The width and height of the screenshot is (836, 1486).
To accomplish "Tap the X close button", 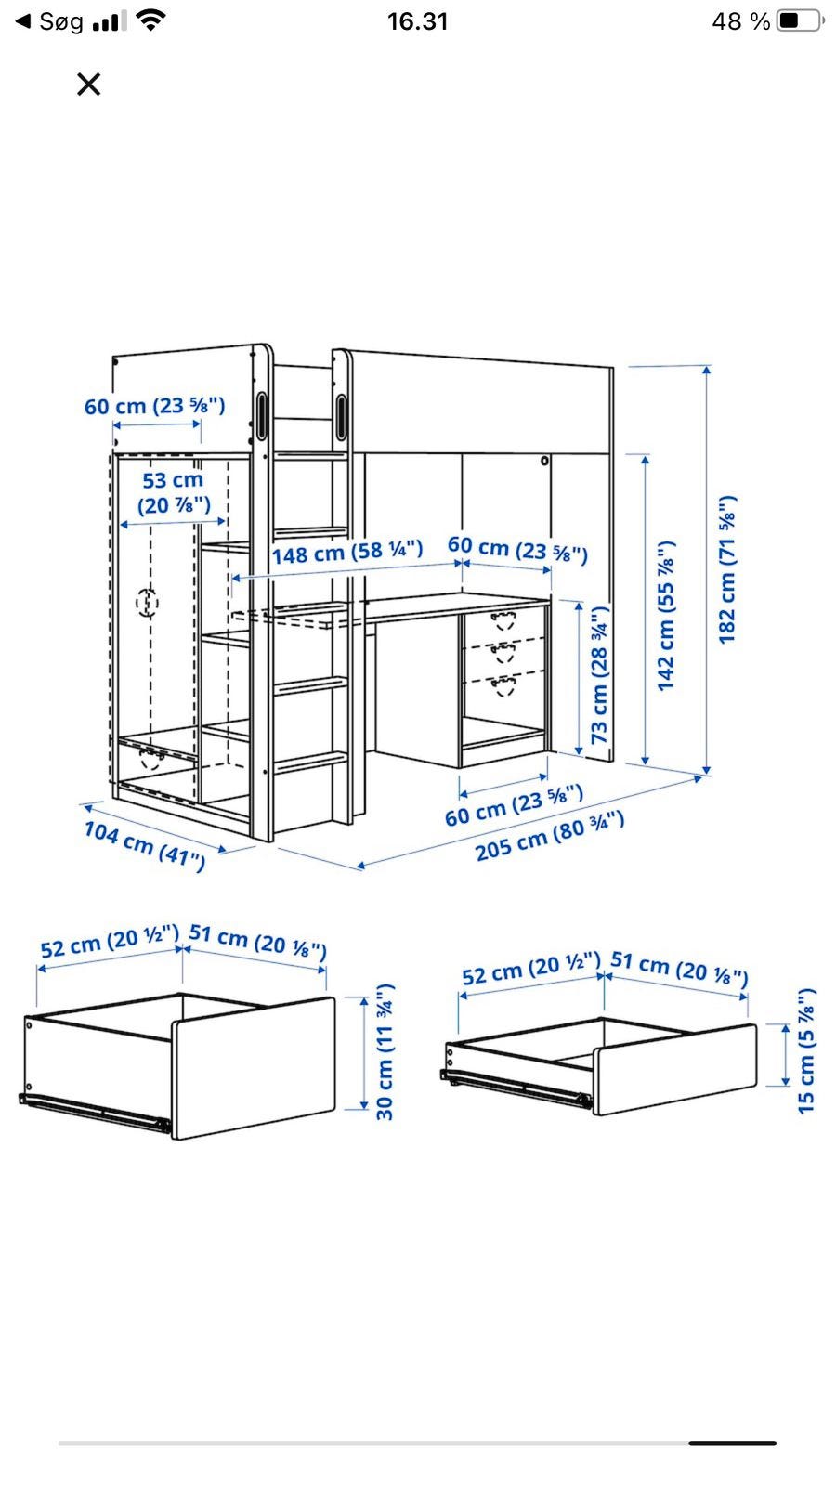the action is [88, 85].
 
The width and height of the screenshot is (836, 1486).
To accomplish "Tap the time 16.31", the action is [417, 21].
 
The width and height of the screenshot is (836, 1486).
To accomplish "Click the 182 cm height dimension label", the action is [727, 569].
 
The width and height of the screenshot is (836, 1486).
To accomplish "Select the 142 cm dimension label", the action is [665, 616].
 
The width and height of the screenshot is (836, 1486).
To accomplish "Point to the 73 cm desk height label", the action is [599, 674].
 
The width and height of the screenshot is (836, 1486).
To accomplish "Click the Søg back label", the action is [61, 22].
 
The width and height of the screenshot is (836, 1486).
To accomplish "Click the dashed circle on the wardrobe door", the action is [148, 603].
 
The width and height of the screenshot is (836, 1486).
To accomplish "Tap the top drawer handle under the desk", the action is [503, 621].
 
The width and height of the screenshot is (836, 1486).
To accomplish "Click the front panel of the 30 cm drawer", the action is [255, 1068].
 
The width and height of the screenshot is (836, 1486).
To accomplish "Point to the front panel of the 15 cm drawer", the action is [674, 1069].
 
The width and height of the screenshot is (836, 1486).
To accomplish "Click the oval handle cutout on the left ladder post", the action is [261, 416].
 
